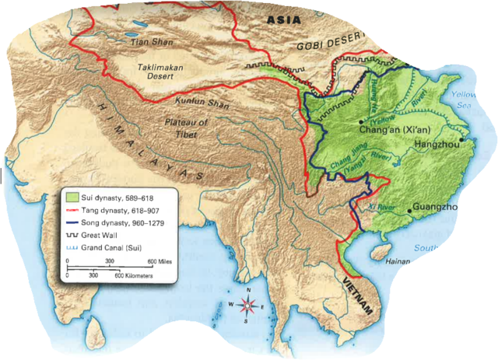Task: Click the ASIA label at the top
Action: (286, 19)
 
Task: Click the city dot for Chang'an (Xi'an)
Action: (361, 122)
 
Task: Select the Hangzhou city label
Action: (435, 145)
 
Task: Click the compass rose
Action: (248, 305)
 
